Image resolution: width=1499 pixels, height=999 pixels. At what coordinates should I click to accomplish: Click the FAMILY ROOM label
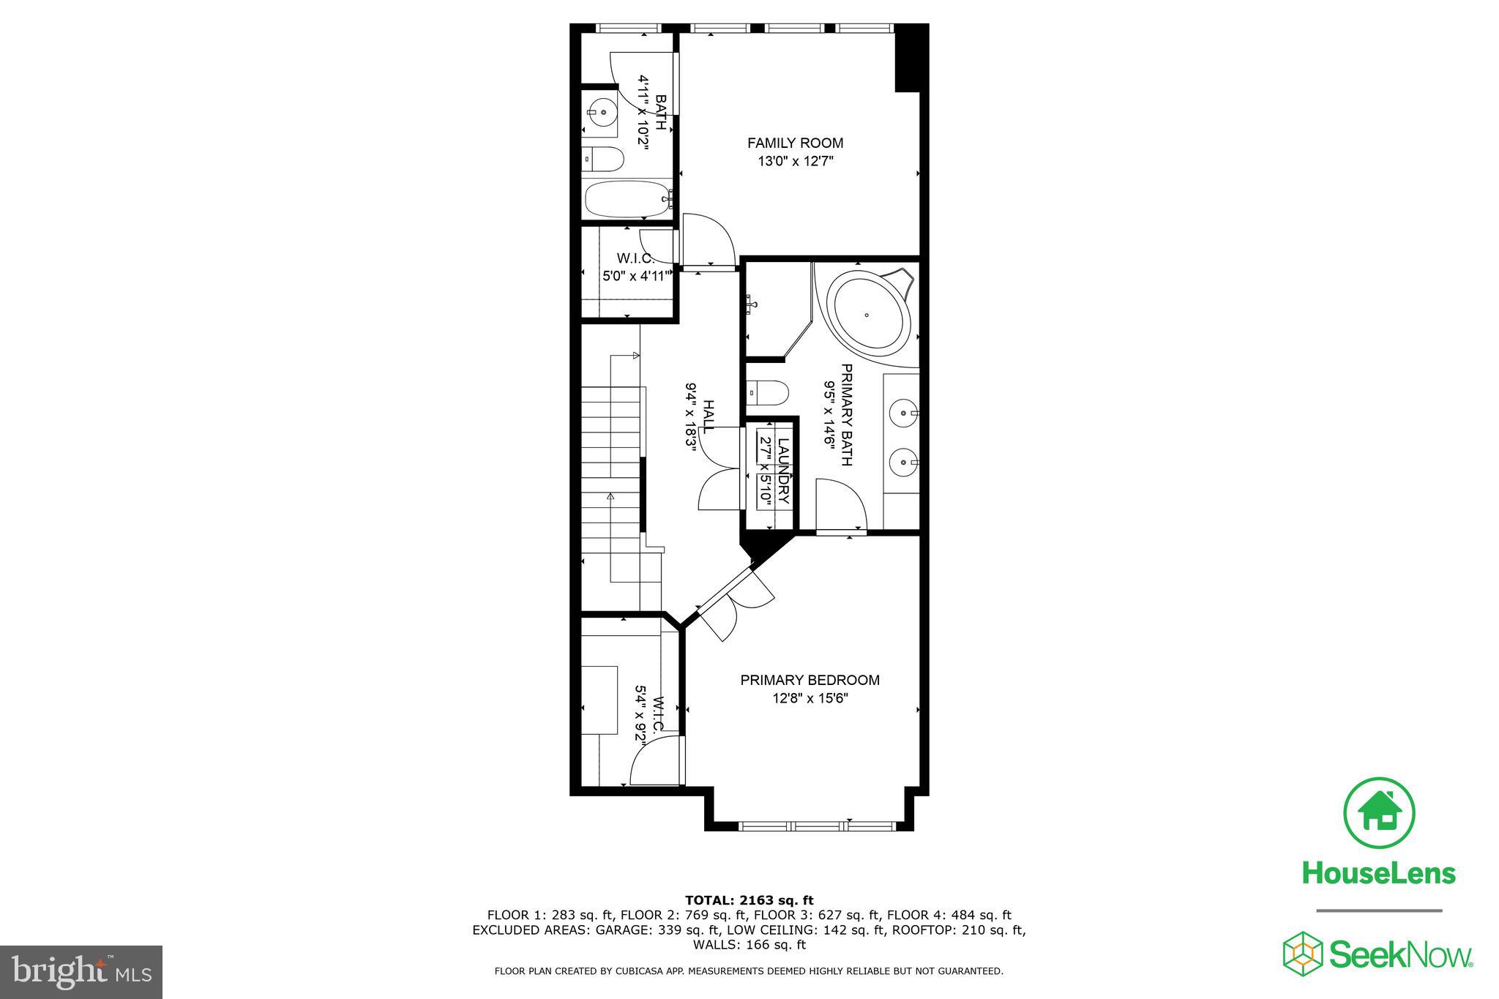[x=795, y=143]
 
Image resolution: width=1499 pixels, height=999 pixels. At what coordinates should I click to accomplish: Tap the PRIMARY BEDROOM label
[x=810, y=680]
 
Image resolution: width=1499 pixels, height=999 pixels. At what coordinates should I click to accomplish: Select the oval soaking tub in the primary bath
[x=867, y=315]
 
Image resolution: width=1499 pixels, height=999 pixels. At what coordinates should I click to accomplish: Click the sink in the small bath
[x=602, y=113]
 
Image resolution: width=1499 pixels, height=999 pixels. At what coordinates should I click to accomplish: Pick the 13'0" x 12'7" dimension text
[x=796, y=162]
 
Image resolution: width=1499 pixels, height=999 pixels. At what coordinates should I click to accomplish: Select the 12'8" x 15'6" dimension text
[x=810, y=698]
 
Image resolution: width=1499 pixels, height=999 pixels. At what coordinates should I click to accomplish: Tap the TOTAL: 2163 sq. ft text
[x=749, y=900]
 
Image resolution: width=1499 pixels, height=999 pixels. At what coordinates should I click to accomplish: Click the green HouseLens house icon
[x=1379, y=813]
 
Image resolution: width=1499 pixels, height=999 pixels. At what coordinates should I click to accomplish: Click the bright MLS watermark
[x=81, y=972]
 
